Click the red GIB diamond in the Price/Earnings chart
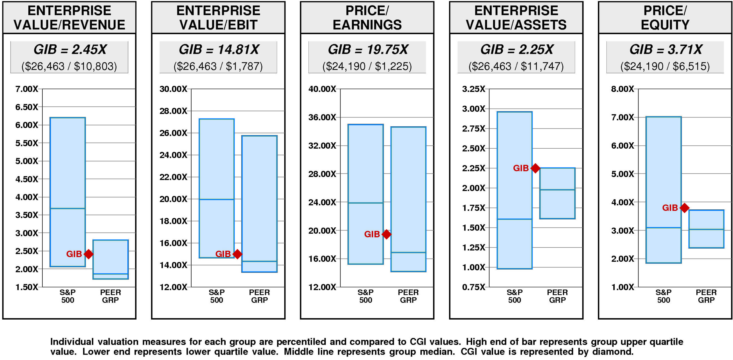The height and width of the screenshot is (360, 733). tap(387, 234)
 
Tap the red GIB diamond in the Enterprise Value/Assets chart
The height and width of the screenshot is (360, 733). tap(535, 168)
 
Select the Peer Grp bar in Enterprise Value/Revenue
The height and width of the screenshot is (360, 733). tap(111, 259)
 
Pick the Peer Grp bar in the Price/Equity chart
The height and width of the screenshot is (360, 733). tap(706, 229)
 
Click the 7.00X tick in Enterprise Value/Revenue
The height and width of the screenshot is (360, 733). tap(26, 89)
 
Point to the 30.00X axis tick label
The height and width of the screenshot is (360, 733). tap(173, 89)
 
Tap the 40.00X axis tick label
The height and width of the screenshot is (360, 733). tap(322, 89)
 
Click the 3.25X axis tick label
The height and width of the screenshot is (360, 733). tap(474, 89)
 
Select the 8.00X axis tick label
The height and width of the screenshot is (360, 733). tap(622, 89)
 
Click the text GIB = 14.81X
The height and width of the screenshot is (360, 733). tap(219, 50)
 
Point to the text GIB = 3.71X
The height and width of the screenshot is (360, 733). tap(665, 50)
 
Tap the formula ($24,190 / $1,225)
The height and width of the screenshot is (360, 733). tap(367, 66)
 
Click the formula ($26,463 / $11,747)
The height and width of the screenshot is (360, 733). tap(516, 66)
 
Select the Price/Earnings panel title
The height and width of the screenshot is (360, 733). tap(367, 18)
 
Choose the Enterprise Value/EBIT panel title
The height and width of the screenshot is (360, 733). tap(218, 18)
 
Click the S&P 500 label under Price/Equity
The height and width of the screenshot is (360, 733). tap(663, 296)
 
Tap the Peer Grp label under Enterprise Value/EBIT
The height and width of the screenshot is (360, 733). tap(259, 296)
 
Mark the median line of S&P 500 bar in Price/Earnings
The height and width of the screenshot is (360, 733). tap(366, 203)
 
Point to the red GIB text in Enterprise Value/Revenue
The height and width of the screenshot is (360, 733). tap(74, 254)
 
